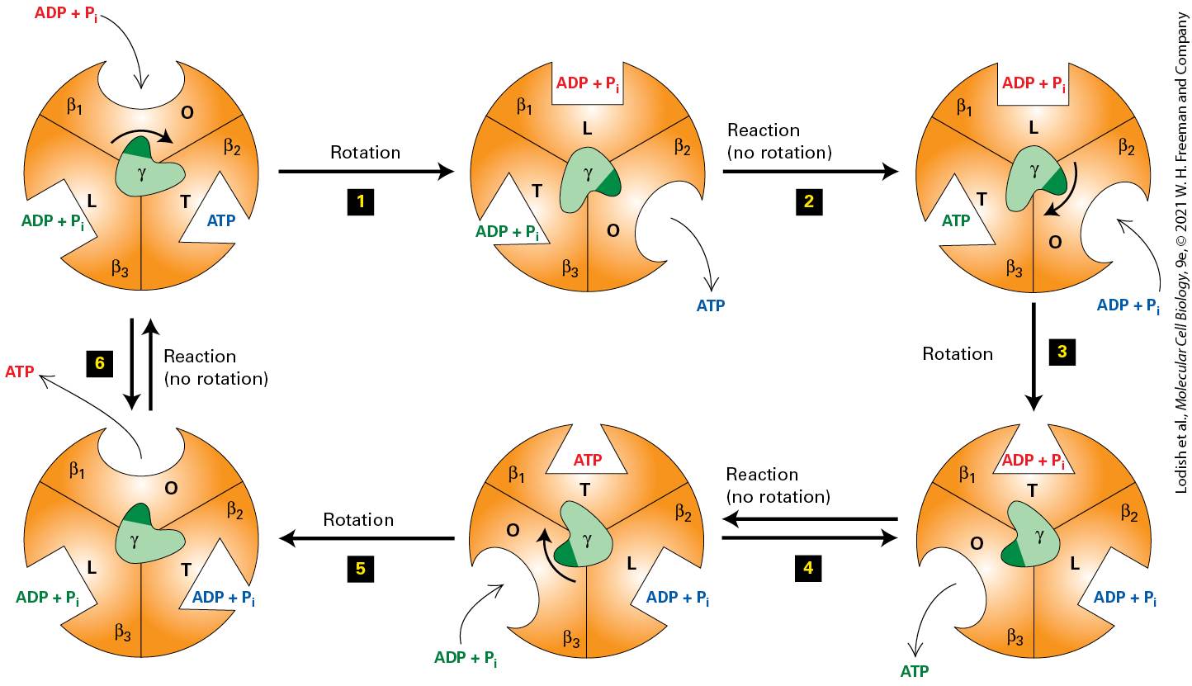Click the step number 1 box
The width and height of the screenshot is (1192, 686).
coord(360,201)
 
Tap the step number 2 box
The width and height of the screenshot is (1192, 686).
coord(809,201)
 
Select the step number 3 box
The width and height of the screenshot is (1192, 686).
coord(1062,352)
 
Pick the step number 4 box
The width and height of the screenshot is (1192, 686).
coord(808,569)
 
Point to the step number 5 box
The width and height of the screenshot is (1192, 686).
coord(360,569)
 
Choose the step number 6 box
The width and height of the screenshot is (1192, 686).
coord(100,363)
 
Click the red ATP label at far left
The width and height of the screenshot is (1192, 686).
coord(20,371)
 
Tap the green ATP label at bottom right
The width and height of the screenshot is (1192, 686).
coord(914,672)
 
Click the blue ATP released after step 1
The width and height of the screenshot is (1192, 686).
coord(711,305)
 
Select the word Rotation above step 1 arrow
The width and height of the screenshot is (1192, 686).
coord(365,153)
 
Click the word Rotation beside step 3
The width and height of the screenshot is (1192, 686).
coord(958,354)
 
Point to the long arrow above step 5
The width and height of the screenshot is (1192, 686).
coord(367,538)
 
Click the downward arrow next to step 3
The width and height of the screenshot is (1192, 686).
coord(1034,357)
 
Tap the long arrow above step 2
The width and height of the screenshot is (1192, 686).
coord(811,172)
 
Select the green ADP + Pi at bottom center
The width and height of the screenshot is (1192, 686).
coord(466,659)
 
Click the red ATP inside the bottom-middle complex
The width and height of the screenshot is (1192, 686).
coord(588,460)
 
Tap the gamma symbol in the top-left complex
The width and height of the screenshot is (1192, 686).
coord(141,173)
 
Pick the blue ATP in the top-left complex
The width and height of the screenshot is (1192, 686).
coord(221,220)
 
